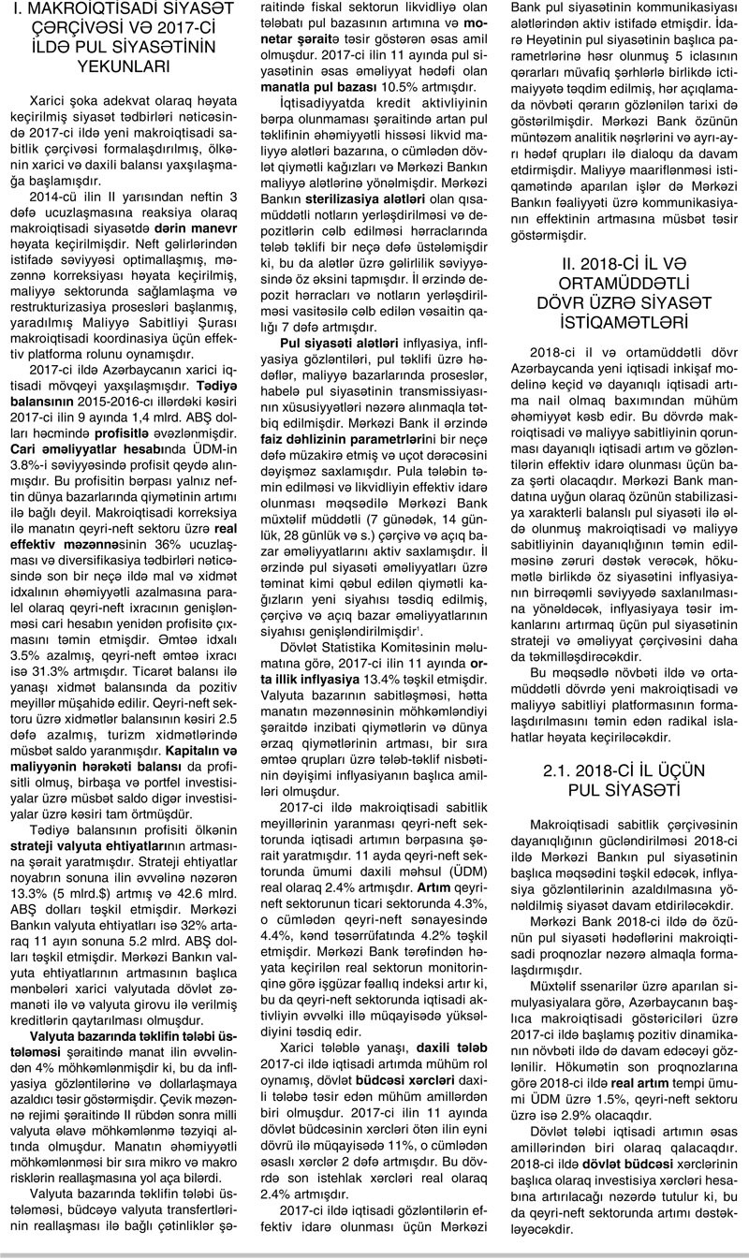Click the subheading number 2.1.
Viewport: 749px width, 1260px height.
point(563,748)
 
